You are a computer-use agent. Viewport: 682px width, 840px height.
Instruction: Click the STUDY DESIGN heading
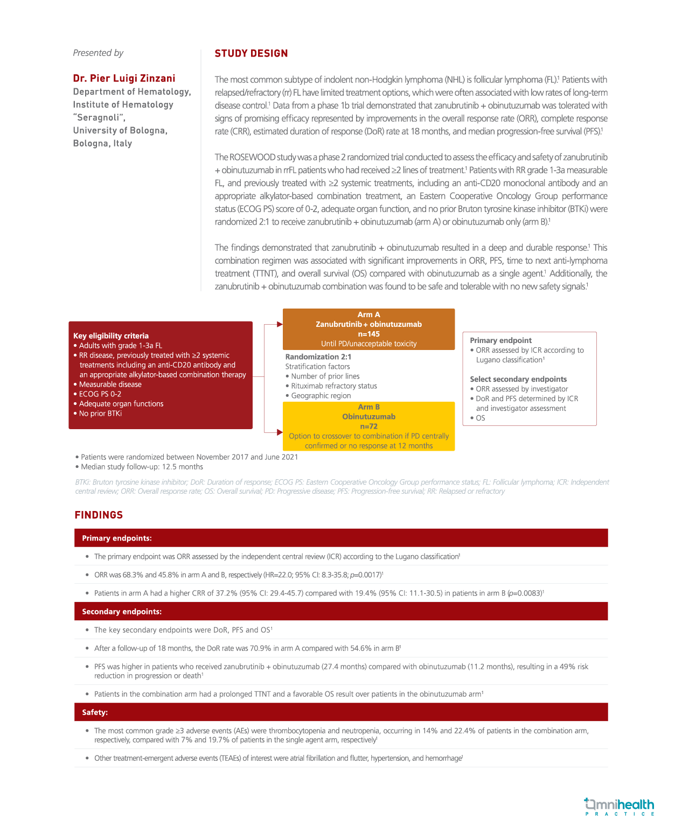point(251,53)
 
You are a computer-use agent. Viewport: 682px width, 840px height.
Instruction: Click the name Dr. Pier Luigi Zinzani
point(124,79)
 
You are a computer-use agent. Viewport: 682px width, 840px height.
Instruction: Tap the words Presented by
point(98,53)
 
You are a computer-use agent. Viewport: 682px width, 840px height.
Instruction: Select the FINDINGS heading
point(99,515)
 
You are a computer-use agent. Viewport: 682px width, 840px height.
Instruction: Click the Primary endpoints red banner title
point(117,538)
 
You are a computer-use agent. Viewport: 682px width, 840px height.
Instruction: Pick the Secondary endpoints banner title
point(122,612)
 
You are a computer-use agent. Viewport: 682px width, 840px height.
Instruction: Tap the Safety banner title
point(95,712)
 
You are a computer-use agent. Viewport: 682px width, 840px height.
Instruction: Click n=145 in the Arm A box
point(368,334)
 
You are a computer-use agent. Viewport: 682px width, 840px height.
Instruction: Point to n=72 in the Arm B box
point(368,426)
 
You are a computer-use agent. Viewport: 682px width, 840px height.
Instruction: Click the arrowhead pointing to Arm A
point(280,324)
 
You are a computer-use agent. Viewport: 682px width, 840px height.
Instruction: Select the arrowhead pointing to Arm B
point(280,432)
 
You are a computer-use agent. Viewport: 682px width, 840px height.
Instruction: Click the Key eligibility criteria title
point(111,335)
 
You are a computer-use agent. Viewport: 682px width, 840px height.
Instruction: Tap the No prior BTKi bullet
point(100,414)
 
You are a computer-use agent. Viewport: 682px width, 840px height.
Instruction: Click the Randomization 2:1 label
point(318,356)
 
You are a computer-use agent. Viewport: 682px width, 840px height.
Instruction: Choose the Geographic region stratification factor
point(321,395)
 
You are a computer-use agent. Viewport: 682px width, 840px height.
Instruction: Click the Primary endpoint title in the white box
point(500,340)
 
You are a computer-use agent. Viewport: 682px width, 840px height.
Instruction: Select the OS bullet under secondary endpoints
point(480,418)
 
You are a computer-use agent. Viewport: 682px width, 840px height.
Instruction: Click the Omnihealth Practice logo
point(619,807)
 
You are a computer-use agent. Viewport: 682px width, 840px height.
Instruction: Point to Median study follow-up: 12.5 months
point(142,467)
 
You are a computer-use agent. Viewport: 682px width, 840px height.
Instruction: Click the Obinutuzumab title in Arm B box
point(368,417)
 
